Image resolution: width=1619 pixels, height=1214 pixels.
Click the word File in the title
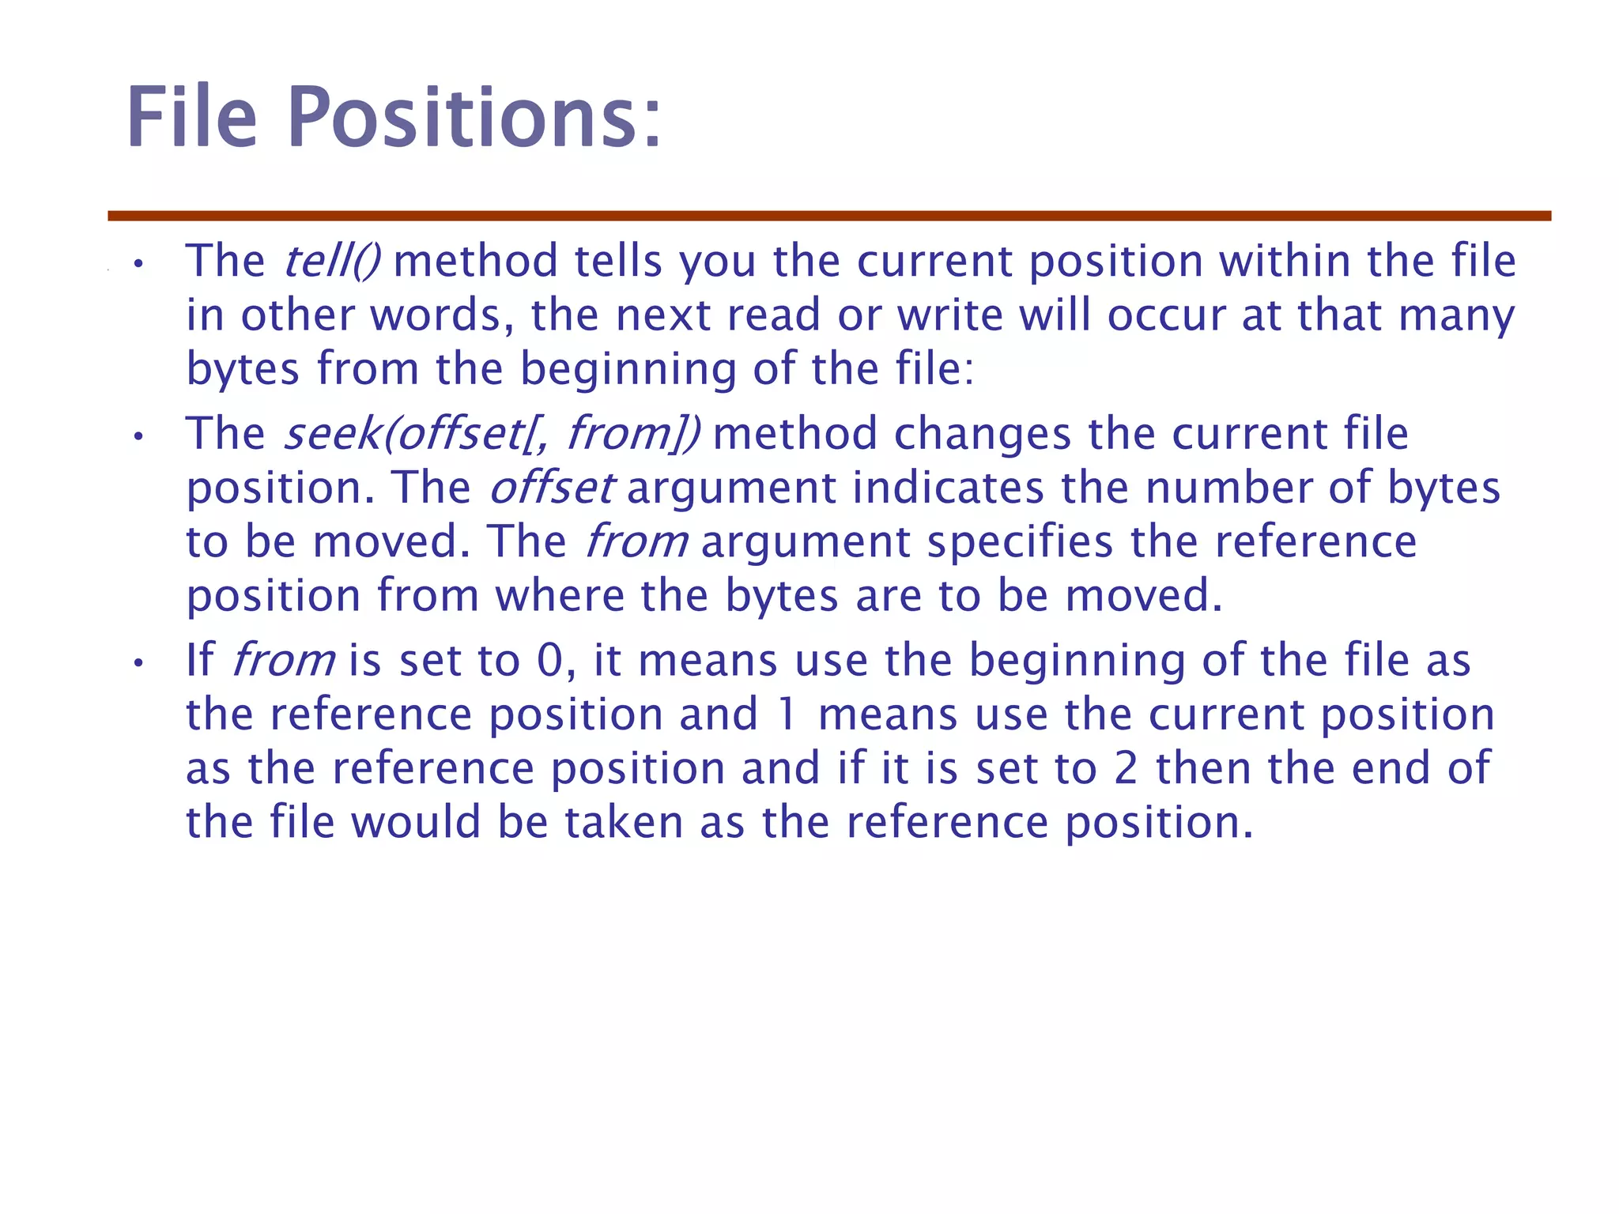pyautogui.click(x=192, y=119)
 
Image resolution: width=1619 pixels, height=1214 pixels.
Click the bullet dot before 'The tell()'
pyautogui.click(x=138, y=263)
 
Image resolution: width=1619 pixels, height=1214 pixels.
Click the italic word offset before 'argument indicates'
pyautogui.click(x=551, y=488)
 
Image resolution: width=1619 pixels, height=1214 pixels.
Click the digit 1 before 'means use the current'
pyautogui.click(x=786, y=714)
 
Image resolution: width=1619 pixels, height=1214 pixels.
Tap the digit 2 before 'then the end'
pyautogui.click(x=1126, y=768)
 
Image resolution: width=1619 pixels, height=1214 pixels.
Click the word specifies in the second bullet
pyautogui.click(x=1020, y=542)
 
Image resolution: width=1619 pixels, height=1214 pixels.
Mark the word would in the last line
pyautogui.click(x=416, y=822)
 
